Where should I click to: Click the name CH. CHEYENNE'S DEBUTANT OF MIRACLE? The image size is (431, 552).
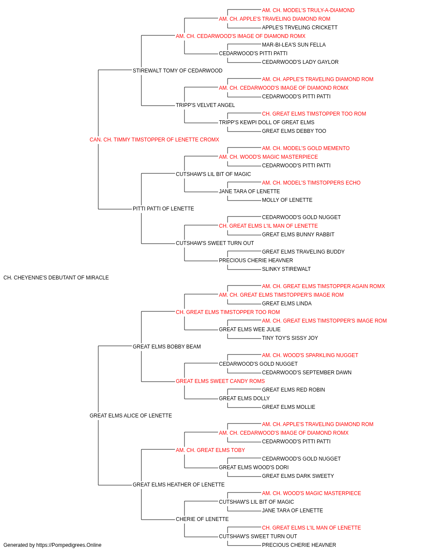56,278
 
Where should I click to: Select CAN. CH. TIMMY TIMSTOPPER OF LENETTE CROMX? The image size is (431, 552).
154,140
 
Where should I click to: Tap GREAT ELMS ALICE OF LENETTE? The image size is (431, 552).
131,416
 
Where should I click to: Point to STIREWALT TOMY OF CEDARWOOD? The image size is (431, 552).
178,71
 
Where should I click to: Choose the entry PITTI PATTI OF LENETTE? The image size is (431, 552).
163,209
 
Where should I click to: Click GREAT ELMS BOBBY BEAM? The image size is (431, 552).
167,346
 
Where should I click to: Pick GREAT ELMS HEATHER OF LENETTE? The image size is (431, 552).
179,484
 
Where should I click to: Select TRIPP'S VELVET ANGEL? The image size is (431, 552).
205,105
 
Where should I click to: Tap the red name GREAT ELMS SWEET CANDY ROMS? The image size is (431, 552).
220,381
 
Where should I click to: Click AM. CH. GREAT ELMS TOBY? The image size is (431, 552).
210,450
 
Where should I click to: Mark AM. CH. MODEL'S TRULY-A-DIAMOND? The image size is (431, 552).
308,10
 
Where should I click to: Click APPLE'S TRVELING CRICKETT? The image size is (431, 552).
300,28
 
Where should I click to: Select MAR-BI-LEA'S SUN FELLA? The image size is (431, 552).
294,45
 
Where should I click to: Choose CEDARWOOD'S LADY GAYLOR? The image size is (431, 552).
300,62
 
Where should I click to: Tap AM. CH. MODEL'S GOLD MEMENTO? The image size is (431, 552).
306,148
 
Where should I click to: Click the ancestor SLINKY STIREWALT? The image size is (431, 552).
286,269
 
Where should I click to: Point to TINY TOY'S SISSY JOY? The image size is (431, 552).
290,338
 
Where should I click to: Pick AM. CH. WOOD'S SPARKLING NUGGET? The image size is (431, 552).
310,355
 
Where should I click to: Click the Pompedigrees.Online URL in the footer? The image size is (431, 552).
69,545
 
